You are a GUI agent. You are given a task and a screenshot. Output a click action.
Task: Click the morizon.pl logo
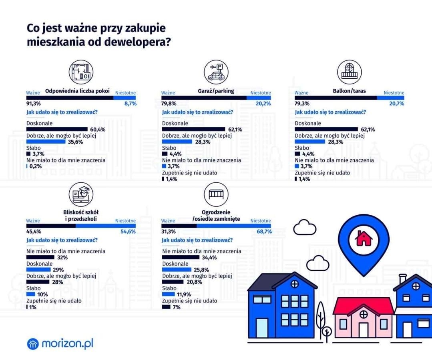[x=60, y=343]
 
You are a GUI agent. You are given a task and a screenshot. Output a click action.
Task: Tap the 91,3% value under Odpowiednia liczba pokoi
[x=34, y=104]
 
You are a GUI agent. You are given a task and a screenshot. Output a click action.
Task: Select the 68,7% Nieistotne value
[x=263, y=232]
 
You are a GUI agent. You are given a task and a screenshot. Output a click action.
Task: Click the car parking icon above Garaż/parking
[x=216, y=72]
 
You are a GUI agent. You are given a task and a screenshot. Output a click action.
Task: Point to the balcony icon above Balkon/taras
[x=349, y=72]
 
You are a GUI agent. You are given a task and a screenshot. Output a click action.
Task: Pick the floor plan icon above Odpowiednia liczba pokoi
[x=81, y=72]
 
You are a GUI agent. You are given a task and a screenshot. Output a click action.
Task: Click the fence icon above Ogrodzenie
[x=216, y=195]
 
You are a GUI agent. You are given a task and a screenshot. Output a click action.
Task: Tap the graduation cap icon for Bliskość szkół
[x=81, y=195]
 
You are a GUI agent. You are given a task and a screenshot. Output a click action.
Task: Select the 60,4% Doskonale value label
[x=98, y=130]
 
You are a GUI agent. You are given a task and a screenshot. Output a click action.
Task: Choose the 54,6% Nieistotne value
[x=128, y=232]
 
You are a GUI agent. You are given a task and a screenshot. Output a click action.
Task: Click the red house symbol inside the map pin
[x=364, y=239]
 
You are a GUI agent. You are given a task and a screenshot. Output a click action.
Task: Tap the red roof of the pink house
[x=363, y=306]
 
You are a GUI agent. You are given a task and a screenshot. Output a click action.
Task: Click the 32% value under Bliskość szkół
[x=62, y=258]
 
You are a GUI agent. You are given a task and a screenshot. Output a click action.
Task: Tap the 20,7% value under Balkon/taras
[x=396, y=104]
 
